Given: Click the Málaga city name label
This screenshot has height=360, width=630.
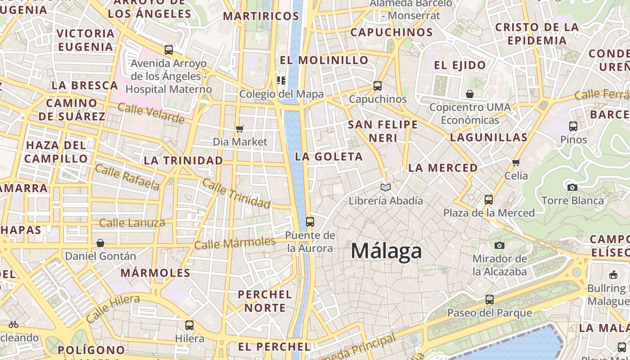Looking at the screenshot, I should [386, 251].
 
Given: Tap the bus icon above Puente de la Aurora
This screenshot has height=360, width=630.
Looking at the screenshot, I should [310, 221].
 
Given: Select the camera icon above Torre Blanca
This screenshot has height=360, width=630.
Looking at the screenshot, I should [572, 187].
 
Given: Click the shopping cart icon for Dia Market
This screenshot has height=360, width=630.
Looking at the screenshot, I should [240, 129].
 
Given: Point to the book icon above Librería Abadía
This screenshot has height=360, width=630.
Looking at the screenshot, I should [386, 187].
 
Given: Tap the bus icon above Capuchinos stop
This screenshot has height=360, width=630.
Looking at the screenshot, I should [377, 85].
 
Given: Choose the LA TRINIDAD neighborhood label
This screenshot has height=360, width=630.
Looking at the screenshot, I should [183, 161].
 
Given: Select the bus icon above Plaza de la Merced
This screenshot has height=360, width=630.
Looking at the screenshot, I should [489, 199].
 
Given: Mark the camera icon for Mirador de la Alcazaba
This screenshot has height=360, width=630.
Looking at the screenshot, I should [499, 245].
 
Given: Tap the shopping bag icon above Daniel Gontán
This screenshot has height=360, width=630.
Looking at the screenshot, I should [100, 243].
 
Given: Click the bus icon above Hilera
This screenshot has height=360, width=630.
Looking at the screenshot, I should [189, 325].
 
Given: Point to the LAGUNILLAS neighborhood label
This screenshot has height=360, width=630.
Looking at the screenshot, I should [488, 137].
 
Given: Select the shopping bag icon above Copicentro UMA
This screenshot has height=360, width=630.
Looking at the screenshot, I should [470, 94].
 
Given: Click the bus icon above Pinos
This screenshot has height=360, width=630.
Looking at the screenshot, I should [573, 126].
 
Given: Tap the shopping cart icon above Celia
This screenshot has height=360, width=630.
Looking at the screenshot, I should [516, 162].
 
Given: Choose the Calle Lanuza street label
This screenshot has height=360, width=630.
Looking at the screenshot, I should [132, 223].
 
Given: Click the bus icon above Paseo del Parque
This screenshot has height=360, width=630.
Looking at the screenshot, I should [489, 299].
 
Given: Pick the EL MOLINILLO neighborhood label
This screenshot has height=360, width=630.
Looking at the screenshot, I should [324, 60].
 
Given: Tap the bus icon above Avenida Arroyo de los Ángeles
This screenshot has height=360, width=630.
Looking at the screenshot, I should [169, 50].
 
